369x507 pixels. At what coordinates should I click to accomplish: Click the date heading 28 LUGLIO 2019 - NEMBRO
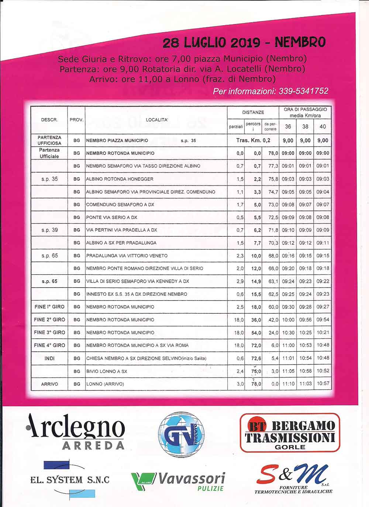pos(244,43)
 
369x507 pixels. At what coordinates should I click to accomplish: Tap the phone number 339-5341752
pos(303,91)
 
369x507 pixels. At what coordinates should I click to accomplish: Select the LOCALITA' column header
pos(157,120)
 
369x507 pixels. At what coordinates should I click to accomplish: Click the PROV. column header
pos(76,120)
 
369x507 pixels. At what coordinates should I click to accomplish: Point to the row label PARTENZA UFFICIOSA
pos(49,140)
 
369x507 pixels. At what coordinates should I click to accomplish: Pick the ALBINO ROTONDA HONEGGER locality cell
pos(120,179)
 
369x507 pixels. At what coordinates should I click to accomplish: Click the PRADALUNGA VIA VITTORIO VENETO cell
pos(127,256)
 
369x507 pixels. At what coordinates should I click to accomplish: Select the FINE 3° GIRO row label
pos(49,332)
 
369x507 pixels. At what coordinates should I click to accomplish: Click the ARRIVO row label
pos(49,384)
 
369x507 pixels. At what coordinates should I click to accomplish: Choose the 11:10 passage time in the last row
pos(288,384)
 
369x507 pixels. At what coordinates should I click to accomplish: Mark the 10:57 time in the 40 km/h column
pos(323,384)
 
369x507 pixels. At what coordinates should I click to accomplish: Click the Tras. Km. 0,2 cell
pos(253,140)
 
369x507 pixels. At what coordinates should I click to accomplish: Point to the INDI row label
pos(49,358)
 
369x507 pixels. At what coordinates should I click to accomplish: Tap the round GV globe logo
pos(181,435)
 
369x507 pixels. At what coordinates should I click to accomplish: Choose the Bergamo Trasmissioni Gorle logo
pos(290,433)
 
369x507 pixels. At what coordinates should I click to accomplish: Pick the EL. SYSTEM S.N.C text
pos(70,480)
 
